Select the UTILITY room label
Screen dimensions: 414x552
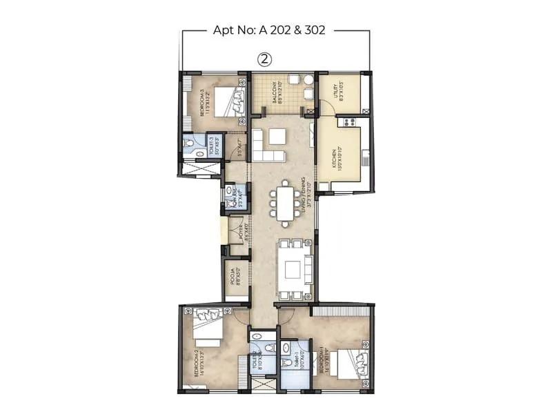(335, 92)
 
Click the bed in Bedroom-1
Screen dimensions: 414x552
(351, 364)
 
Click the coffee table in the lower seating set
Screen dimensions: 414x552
(290, 270)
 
